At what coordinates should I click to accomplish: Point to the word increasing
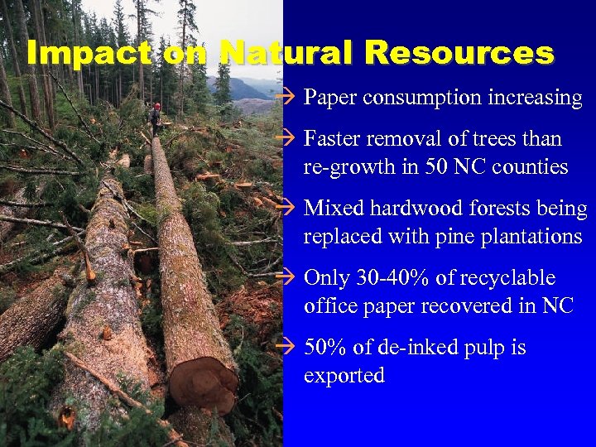click(534, 98)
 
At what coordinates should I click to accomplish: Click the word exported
click(344, 375)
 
